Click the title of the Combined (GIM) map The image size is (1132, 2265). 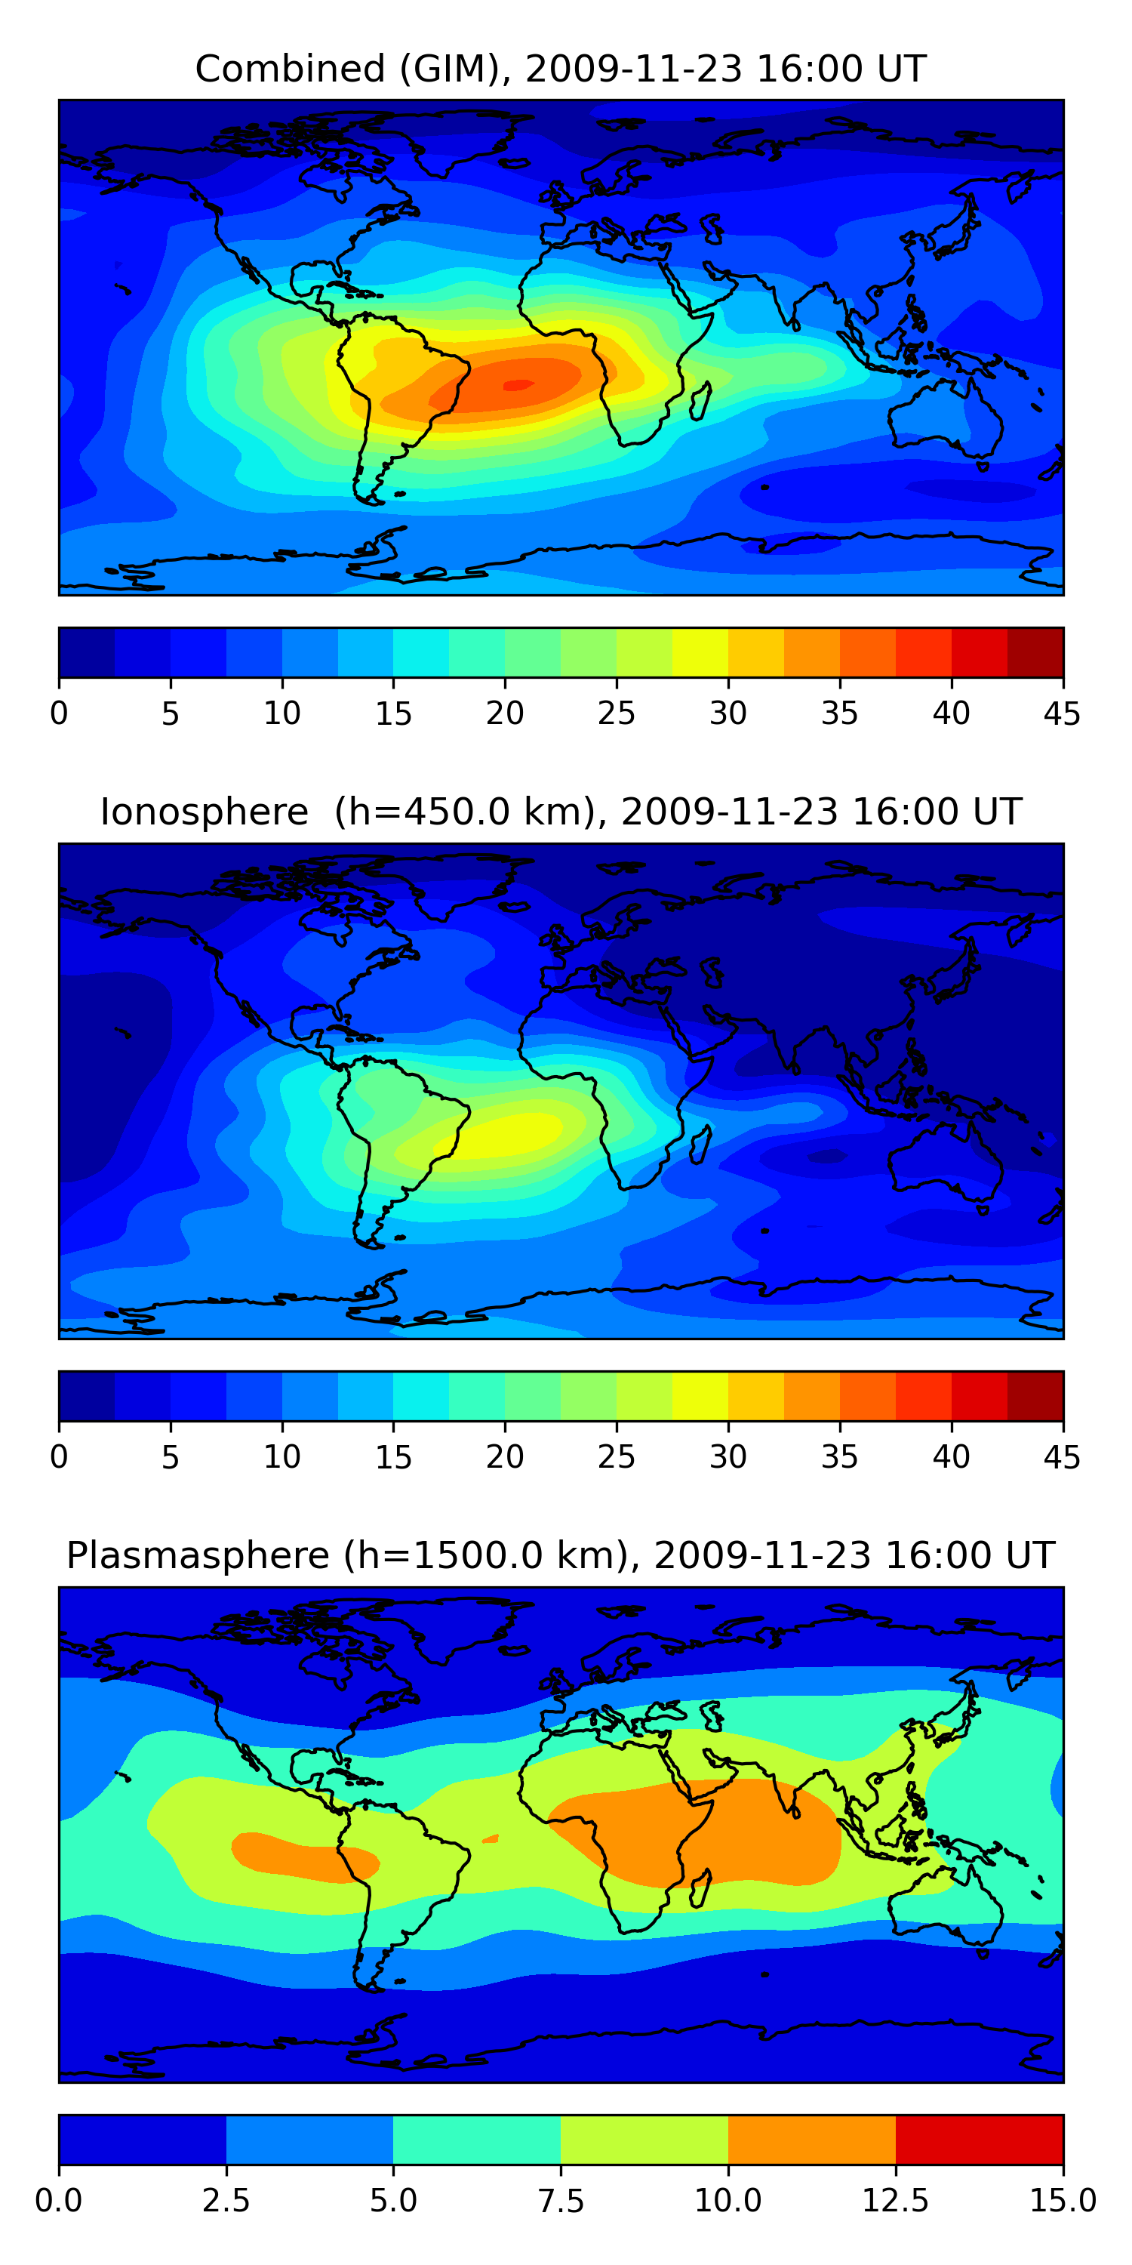click(561, 69)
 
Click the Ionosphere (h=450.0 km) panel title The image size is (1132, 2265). click(561, 812)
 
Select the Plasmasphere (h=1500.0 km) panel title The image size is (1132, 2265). click(561, 1555)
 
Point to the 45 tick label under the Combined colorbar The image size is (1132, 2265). click(1062, 713)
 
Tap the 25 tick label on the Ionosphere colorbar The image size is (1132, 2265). click(616, 1457)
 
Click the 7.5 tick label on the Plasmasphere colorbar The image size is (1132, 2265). click(561, 2201)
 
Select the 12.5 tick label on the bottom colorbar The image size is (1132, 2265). click(895, 2201)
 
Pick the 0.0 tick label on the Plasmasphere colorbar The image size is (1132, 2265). click(59, 2201)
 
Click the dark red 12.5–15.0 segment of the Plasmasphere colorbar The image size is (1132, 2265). click(979, 2139)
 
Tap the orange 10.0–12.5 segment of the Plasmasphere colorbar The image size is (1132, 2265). click(811, 2139)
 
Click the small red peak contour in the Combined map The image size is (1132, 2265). click(518, 384)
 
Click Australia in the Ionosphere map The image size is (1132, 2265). click(945, 1160)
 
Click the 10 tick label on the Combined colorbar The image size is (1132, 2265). click(282, 713)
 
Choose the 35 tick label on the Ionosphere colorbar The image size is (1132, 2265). click(839, 1457)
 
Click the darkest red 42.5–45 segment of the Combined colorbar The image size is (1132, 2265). click(1035, 652)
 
